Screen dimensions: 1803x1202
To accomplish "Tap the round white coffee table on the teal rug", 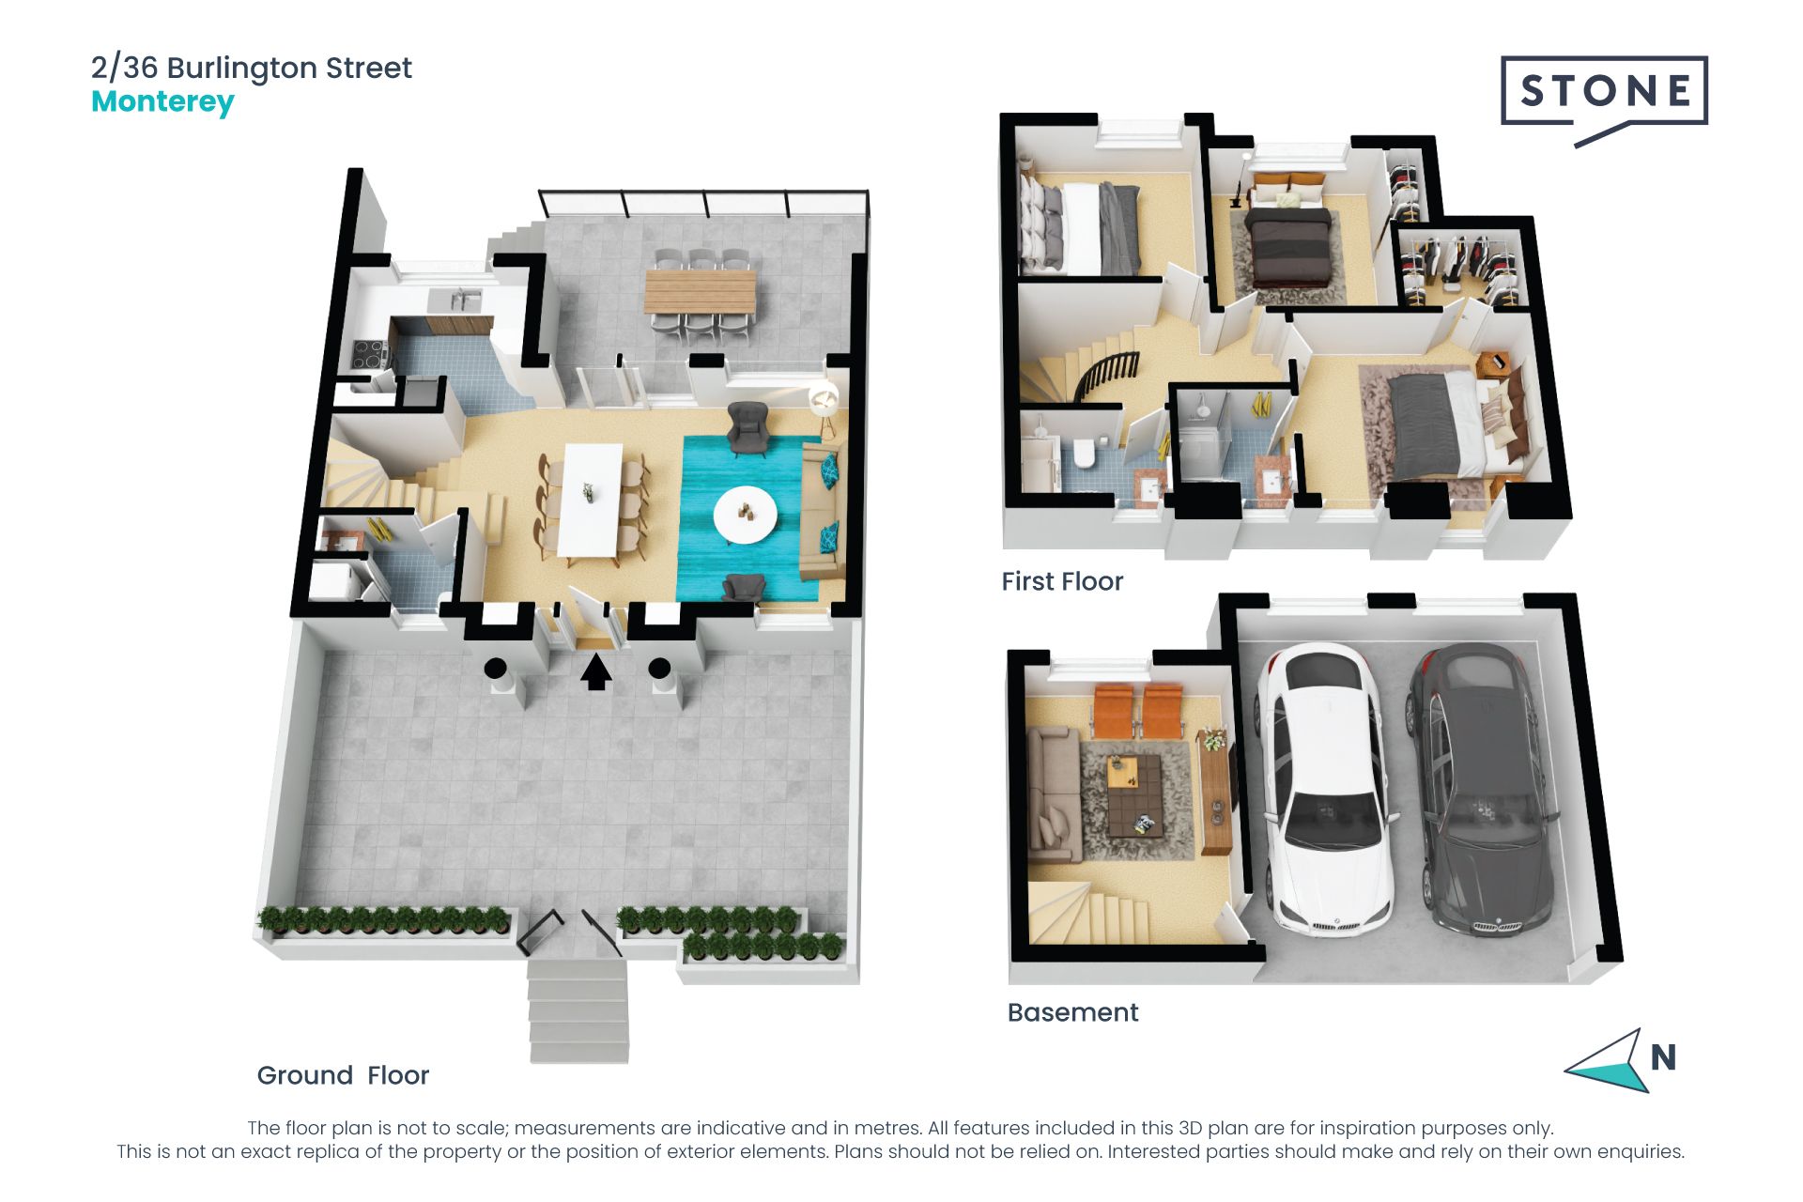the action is click(745, 515).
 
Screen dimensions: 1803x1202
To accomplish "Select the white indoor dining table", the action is click(591, 501).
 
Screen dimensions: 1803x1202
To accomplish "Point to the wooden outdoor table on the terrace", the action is click(700, 291).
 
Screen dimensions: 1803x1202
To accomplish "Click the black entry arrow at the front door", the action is click(595, 671).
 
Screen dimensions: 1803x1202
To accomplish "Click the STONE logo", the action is click(1604, 100).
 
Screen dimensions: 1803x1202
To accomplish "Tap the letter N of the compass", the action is click(1663, 1057).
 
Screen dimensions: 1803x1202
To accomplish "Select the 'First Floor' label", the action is click(1062, 581).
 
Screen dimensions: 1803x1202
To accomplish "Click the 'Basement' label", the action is click(1072, 1012).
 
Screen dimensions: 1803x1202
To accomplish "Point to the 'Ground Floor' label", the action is click(343, 1075).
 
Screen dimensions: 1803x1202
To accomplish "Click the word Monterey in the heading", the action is click(162, 101).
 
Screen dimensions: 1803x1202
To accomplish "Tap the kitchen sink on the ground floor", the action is click(455, 300).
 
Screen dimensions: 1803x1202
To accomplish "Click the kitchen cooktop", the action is click(369, 354).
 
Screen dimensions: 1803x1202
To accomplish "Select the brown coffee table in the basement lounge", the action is click(1133, 797).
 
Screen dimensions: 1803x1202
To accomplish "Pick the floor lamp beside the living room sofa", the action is click(824, 404).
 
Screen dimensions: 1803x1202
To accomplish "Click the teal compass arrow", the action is click(1607, 1061).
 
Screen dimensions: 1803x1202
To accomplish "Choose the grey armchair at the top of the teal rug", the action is click(748, 427).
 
